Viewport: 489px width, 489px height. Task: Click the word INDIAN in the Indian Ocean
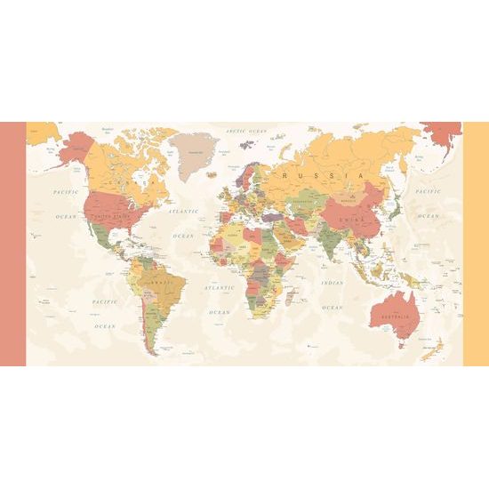(332, 283)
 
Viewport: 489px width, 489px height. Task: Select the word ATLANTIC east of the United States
(182, 212)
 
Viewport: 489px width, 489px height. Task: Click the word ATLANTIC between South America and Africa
(219, 289)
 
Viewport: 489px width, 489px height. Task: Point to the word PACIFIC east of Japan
(428, 191)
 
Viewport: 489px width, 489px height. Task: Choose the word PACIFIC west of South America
(104, 302)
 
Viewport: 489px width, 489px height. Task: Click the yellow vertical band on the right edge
(476, 244)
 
